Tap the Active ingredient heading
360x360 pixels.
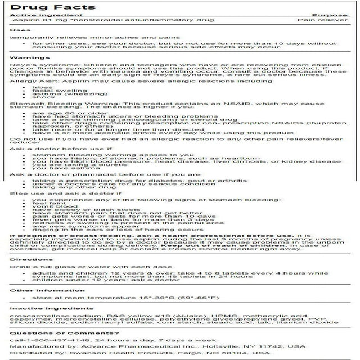pyautogui.click(x=36, y=14)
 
